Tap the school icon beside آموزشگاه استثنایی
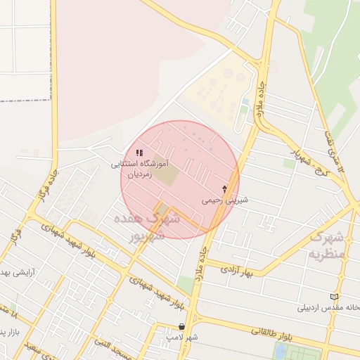(x=139, y=152)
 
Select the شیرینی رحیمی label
(x=221, y=200)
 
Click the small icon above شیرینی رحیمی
(x=224, y=188)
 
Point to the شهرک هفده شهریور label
(x=155, y=227)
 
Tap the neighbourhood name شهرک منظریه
(x=328, y=245)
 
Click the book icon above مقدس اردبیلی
(x=334, y=297)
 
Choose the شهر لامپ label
(x=182, y=337)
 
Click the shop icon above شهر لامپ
(x=183, y=326)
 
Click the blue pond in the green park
(x=281, y=351)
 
